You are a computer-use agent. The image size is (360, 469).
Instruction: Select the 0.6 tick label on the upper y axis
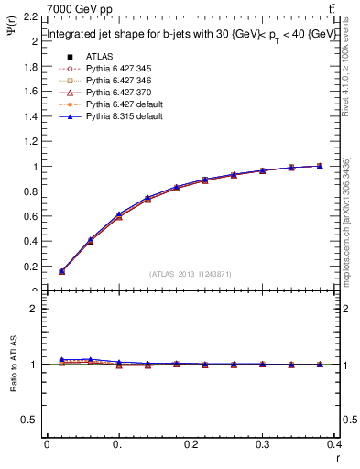point(29,217)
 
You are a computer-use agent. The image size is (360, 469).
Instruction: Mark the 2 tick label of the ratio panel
point(34,309)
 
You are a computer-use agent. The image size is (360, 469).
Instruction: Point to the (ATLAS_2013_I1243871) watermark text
point(191,275)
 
